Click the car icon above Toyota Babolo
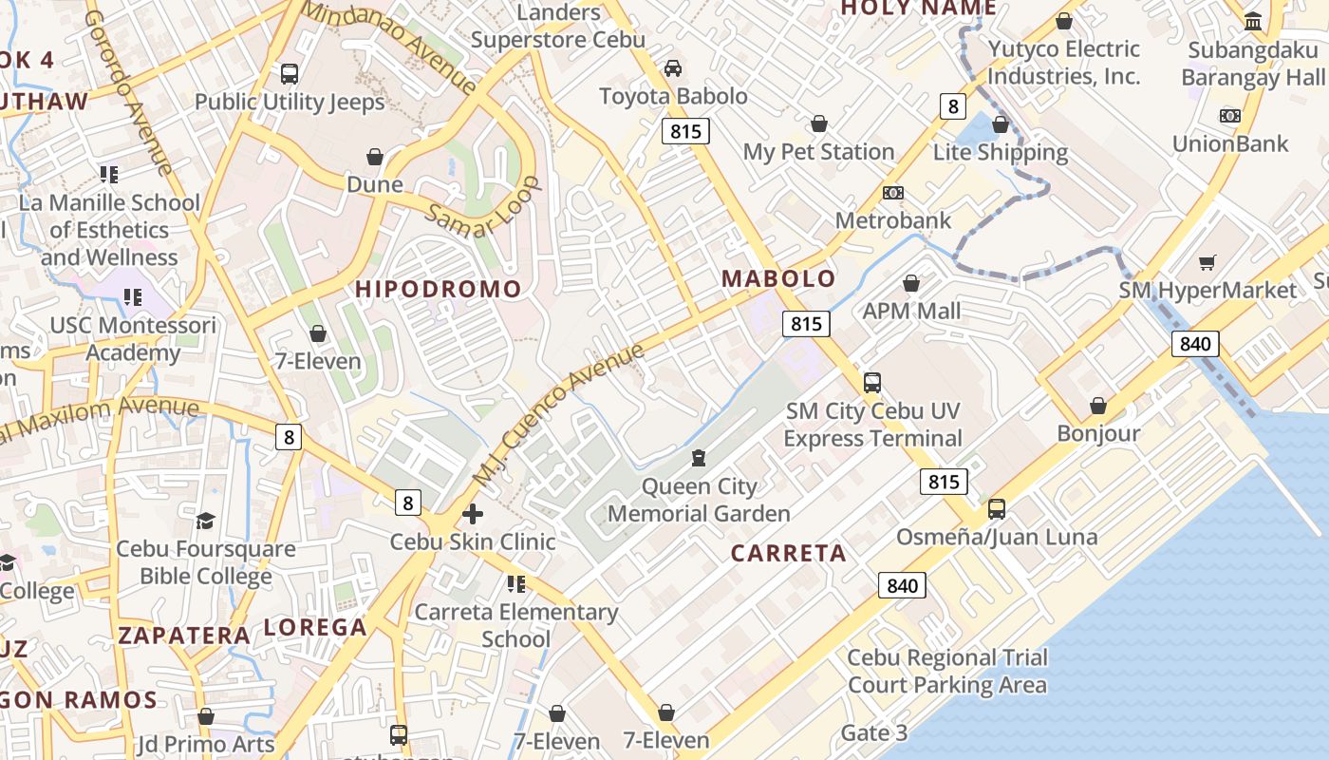coord(672,67)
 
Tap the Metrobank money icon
coord(892,193)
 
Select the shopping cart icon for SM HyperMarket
coord(1207,262)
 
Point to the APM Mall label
coord(911,311)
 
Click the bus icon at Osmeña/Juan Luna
coord(996,508)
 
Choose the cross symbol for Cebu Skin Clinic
coord(472,514)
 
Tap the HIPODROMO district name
coord(439,289)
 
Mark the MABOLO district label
coord(778,278)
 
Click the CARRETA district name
coord(788,553)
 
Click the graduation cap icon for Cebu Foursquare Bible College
coord(205,521)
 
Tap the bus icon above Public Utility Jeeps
coord(290,73)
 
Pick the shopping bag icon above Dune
coord(375,156)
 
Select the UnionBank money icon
coord(1229,116)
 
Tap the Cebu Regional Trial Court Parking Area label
coord(946,671)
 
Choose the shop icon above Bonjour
coord(1098,406)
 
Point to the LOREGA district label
coord(315,627)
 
